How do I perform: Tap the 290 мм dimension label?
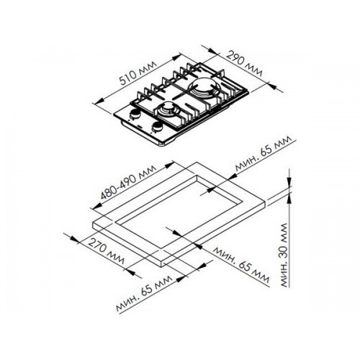[244, 63]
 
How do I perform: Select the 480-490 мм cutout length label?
[128, 182]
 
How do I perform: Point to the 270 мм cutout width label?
[107, 251]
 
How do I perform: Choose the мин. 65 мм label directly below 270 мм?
[144, 293]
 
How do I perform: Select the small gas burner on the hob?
[167, 109]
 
